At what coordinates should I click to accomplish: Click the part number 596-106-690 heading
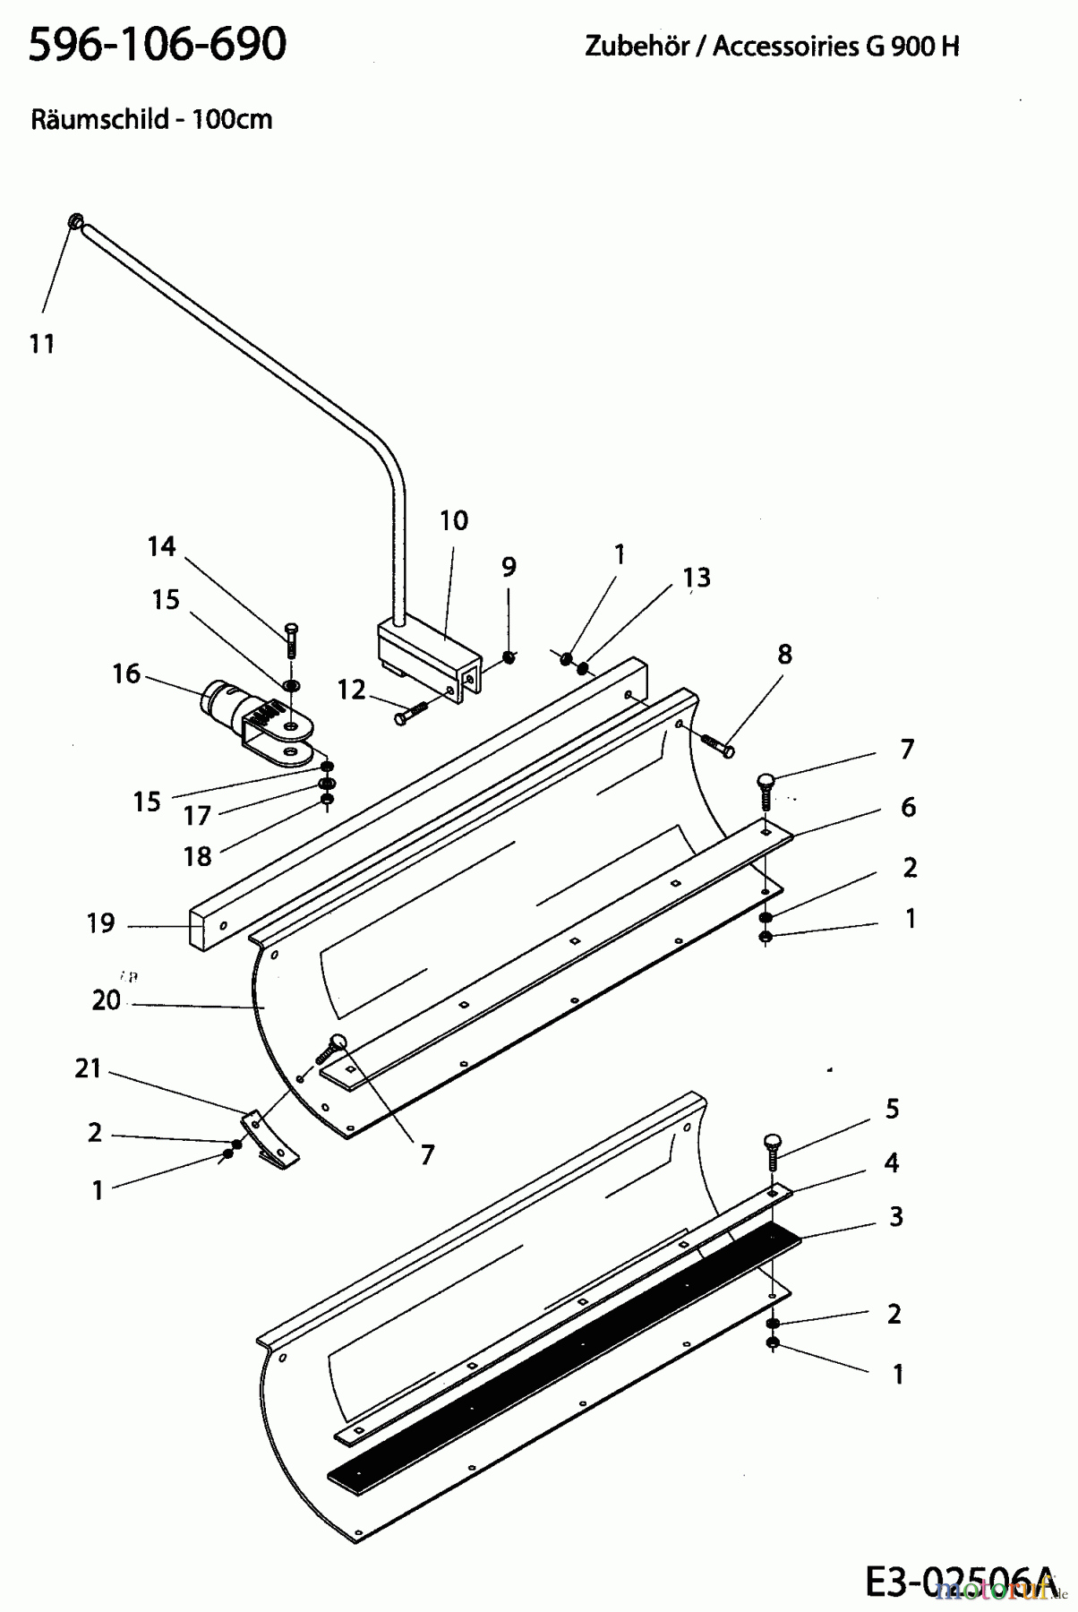(158, 43)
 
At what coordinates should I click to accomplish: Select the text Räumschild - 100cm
(150, 119)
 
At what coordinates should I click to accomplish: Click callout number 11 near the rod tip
(42, 343)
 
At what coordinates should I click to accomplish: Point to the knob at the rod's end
(75, 220)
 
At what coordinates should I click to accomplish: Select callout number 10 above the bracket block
(454, 520)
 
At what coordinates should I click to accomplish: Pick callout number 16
(126, 673)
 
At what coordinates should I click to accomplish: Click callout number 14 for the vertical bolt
(162, 546)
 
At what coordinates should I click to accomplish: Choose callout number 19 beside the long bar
(101, 922)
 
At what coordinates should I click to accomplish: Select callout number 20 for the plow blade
(106, 999)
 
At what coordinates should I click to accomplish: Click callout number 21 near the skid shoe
(88, 1068)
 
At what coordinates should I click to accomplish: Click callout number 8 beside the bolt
(784, 654)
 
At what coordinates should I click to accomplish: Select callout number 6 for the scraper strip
(908, 807)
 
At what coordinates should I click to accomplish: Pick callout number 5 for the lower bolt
(892, 1109)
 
